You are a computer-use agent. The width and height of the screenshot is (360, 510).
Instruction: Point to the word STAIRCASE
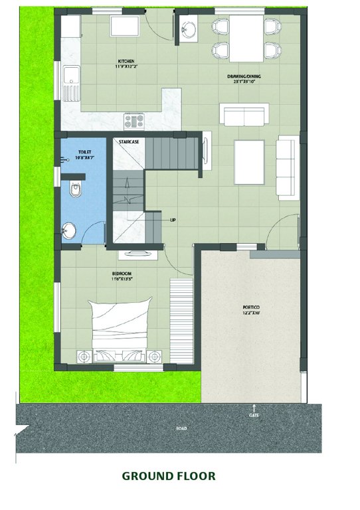(x=128, y=141)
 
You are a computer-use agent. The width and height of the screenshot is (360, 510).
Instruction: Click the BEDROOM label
(x=122, y=274)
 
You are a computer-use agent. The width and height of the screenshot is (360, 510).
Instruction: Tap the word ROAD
(x=181, y=428)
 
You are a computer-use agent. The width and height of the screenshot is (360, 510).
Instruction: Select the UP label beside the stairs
(x=173, y=220)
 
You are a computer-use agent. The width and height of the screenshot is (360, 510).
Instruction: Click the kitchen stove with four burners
(x=134, y=121)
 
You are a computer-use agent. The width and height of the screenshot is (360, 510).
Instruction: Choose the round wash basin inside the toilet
(x=68, y=232)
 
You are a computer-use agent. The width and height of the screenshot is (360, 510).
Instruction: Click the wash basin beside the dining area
(x=187, y=30)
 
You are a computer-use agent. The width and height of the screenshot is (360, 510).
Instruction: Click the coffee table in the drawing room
(x=248, y=162)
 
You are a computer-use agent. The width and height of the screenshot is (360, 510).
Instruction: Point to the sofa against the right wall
(x=288, y=166)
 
